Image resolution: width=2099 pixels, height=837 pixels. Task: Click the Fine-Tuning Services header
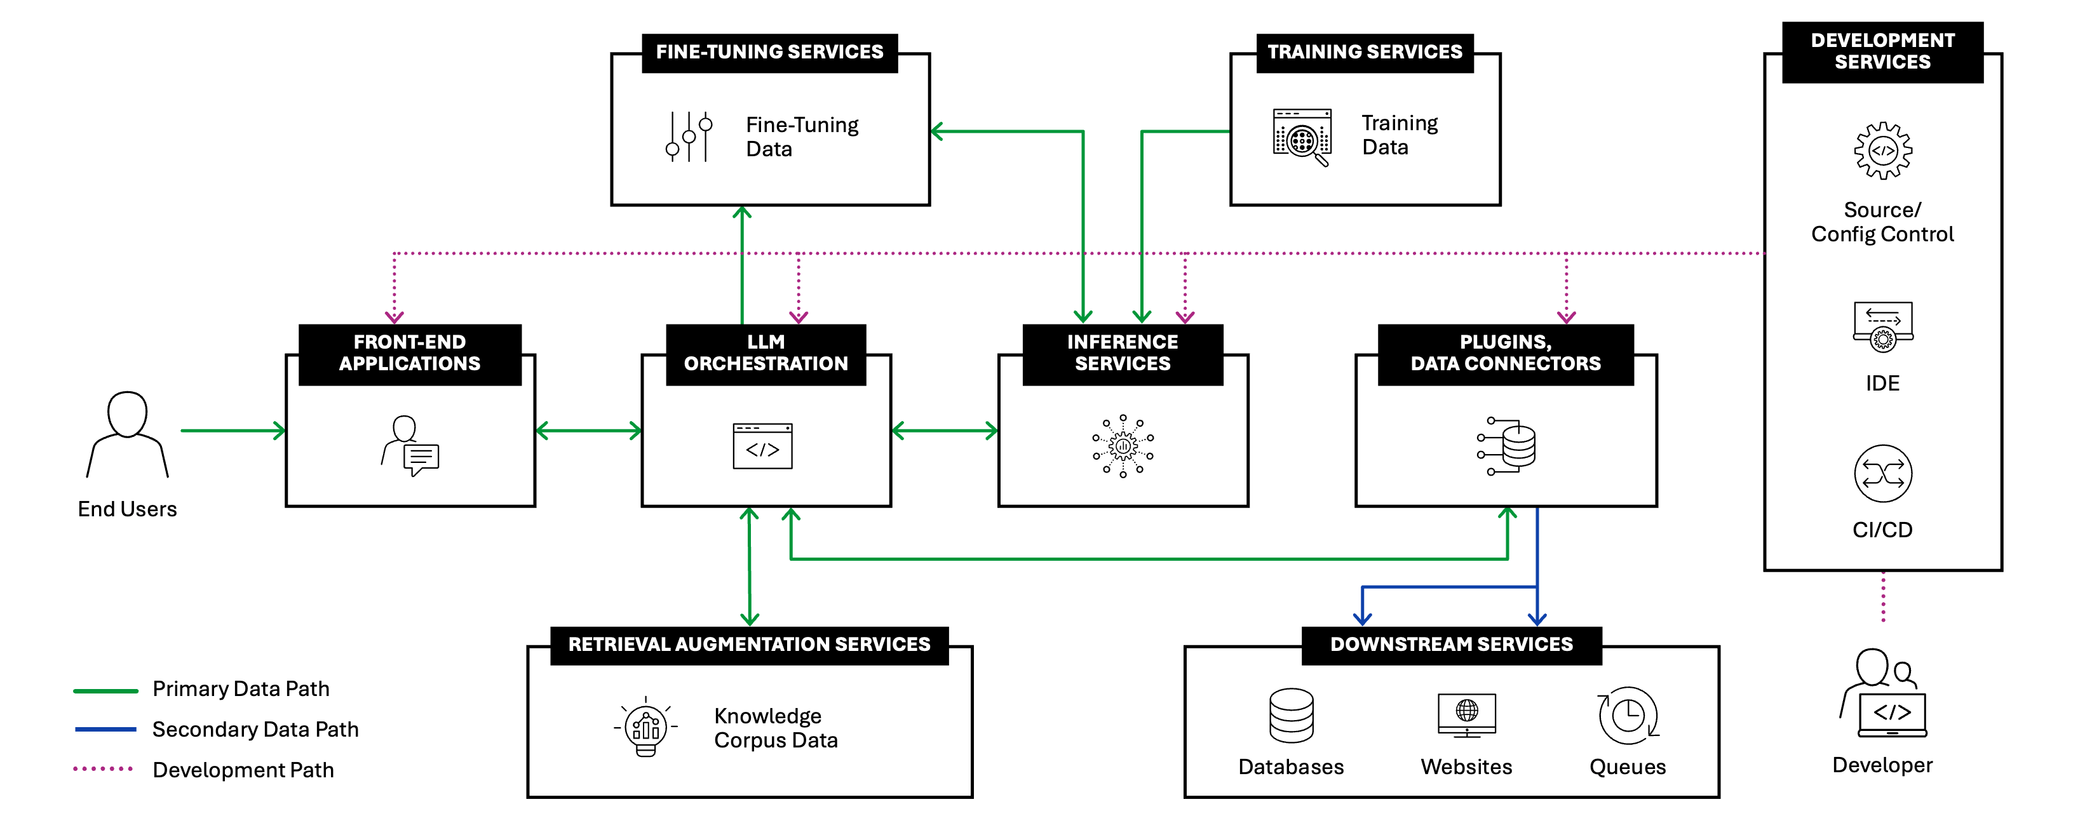tap(769, 53)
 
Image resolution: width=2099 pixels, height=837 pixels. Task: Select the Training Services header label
tap(1365, 53)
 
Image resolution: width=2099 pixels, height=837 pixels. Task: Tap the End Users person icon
tap(127, 434)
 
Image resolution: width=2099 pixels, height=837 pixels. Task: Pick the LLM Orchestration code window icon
tap(763, 446)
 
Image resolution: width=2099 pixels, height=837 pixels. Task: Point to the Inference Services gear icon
tap(1123, 446)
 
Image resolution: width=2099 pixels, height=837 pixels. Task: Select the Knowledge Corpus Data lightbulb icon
tap(645, 727)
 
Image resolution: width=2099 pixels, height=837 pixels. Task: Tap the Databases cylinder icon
tap(1292, 716)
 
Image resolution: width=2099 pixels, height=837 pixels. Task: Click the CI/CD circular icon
tap(1883, 474)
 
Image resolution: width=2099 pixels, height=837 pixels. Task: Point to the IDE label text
tap(1882, 384)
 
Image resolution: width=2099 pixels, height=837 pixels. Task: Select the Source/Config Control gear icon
tap(1883, 151)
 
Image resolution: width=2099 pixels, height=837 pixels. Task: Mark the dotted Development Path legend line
tap(103, 768)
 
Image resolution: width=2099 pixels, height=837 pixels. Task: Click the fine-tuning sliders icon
tap(689, 136)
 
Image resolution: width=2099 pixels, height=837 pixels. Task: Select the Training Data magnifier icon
tap(1302, 137)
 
